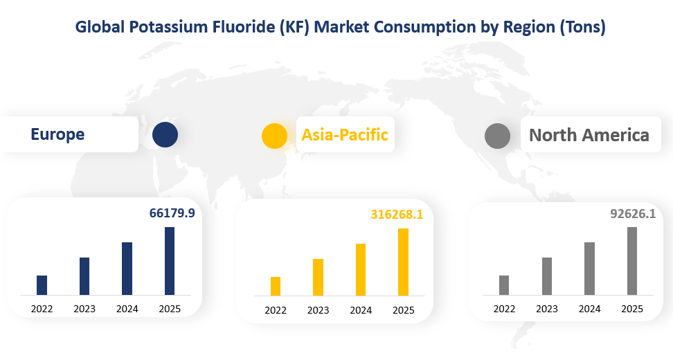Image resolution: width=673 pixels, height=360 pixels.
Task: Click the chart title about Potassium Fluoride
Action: click(x=340, y=27)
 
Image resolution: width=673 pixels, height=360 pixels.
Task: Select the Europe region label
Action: click(x=57, y=134)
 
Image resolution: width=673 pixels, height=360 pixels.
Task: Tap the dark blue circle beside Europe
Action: click(x=165, y=134)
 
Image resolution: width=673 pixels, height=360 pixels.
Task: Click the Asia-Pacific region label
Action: click(x=345, y=134)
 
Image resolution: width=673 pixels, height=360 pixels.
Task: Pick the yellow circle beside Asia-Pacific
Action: click(x=274, y=136)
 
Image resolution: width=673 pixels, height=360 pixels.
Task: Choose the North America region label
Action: click(x=589, y=135)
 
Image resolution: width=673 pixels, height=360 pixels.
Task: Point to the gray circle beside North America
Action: click(x=497, y=136)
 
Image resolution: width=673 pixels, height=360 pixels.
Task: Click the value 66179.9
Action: click(x=172, y=213)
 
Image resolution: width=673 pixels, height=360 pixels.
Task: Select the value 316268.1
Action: click(x=397, y=215)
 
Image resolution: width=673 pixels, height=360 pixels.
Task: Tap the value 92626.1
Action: click(x=632, y=215)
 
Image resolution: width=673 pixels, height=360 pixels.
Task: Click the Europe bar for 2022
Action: click(x=42, y=285)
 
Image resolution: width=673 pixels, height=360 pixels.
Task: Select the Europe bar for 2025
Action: click(x=169, y=261)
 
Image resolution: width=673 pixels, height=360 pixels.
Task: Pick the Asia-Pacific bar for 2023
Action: click(x=318, y=278)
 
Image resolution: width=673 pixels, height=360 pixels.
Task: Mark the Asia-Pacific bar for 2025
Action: click(x=403, y=262)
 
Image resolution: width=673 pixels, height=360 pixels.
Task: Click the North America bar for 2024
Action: click(x=589, y=269)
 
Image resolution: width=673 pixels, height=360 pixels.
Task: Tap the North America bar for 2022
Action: click(x=504, y=285)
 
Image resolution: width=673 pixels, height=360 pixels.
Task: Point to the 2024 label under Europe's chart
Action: click(x=127, y=309)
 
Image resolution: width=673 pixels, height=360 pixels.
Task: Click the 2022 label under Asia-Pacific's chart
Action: click(x=276, y=310)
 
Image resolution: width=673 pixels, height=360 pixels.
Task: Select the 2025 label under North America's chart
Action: click(x=631, y=309)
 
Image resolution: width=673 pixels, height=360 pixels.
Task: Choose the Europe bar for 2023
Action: click(x=84, y=276)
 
